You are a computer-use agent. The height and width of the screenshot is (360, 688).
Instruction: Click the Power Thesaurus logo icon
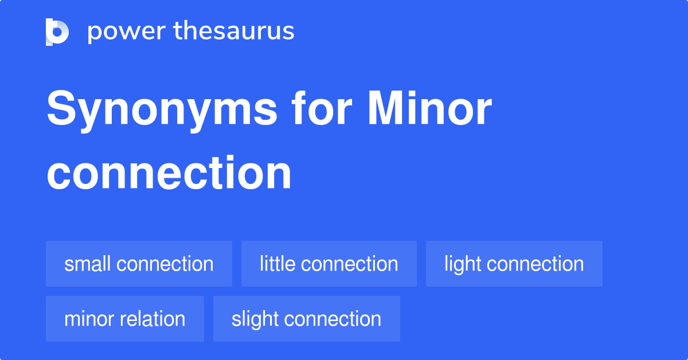coord(57,32)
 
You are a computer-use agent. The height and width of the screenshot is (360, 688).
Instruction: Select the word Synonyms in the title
coord(162,110)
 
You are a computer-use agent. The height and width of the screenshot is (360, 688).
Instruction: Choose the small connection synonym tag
coord(139,264)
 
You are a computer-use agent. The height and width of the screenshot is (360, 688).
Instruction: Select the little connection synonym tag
coord(329,264)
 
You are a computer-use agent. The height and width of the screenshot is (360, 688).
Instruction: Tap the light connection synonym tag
coord(514,264)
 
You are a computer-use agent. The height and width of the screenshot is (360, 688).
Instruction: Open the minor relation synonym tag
coord(124,319)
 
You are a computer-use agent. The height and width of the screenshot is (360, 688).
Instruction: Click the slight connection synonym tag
coord(306,319)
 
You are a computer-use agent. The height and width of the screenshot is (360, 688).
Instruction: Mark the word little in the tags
coord(277,264)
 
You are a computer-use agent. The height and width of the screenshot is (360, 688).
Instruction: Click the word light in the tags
coord(462,264)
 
